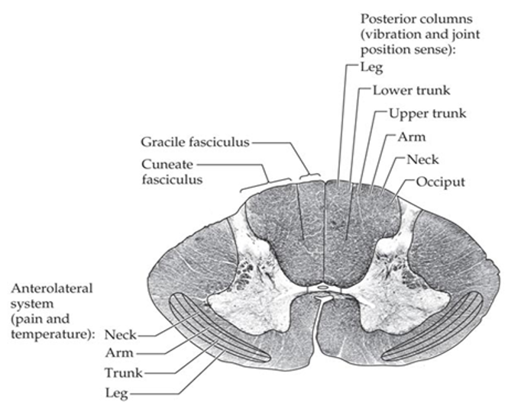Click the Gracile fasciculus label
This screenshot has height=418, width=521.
(195, 142)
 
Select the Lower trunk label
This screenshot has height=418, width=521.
(411, 90)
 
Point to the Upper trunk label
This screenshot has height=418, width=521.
(426, 114)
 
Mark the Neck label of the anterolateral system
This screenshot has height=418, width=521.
(121, 334)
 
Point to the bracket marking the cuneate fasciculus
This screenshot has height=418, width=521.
(266, 183)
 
